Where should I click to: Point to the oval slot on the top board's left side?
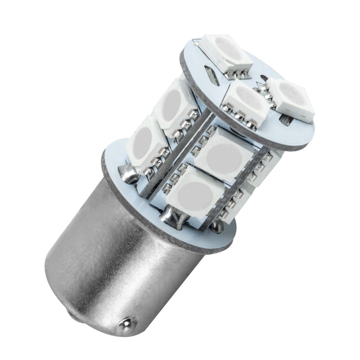point(211,75)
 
